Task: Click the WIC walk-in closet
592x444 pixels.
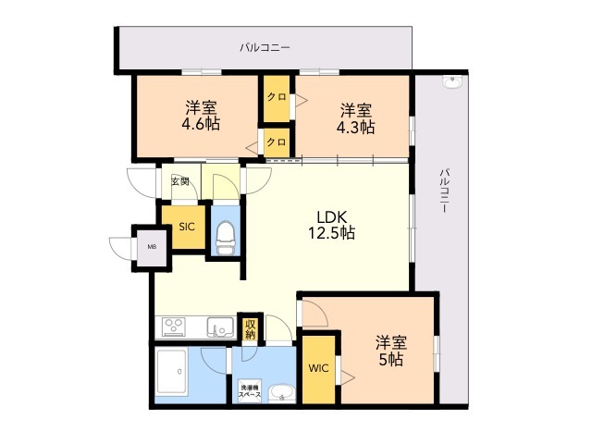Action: click(x=317, y=368)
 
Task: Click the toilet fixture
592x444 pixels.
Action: click(x=225, y=238)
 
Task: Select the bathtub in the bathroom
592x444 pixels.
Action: click(x=174, y=376)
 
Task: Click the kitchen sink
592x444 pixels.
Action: click(x=220, y=327)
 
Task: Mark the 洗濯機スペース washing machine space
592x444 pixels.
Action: click(x=250, y=390)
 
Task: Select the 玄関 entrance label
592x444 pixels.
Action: click(x=179, y=182)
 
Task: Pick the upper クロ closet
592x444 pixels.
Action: click(x=276, y=97)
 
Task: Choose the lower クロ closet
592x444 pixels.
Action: click(x=276, y=142)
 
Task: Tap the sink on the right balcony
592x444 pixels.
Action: click(x=452, y=82)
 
